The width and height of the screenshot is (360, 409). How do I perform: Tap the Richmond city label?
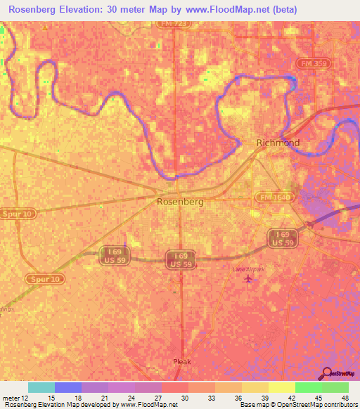click(x=278, y=143)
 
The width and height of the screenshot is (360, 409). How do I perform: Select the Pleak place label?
click(x=182, y=361)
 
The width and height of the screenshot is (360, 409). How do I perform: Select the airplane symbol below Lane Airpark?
click(x=247, y=280)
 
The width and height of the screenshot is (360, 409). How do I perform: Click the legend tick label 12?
click(x=26, y=397)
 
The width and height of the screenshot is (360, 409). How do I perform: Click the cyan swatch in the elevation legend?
click(x=41, y=387)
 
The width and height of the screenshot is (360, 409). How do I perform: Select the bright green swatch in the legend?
click(x=308, y=387)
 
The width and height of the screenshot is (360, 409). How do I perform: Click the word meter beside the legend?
click(x=11, y=397)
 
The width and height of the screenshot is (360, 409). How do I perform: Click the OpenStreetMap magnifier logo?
click(x=327, y=373)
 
